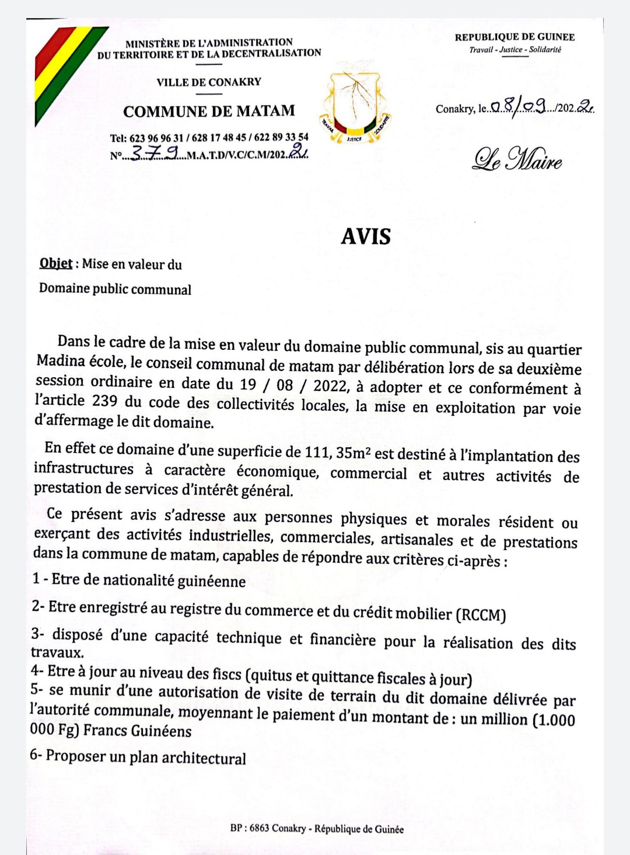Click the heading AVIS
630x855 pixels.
click(x=366, y=236)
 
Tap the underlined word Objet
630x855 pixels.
click(x=56, y=263)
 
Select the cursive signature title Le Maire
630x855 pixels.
click(x=517, y=159)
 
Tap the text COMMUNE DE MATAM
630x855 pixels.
click(x=209, y=111)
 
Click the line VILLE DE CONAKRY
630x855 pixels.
click(x=209, y=82)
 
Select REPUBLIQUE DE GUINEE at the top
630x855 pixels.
click(x=514, y=37)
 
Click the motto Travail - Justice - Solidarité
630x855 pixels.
click(x=515, y=50)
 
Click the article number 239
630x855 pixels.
click(x=104, y=401)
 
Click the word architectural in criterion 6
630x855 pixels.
click(x=204, y=758)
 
